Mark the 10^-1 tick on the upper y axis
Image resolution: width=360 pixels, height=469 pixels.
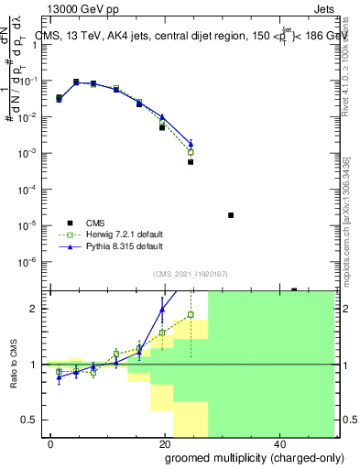[x=31, y=81]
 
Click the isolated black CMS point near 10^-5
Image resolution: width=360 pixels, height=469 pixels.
[x=231, y=215]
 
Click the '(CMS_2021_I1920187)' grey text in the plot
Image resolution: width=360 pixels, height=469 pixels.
[x=191, y=274]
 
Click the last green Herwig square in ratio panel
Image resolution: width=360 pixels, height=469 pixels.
[x=191, y=314]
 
